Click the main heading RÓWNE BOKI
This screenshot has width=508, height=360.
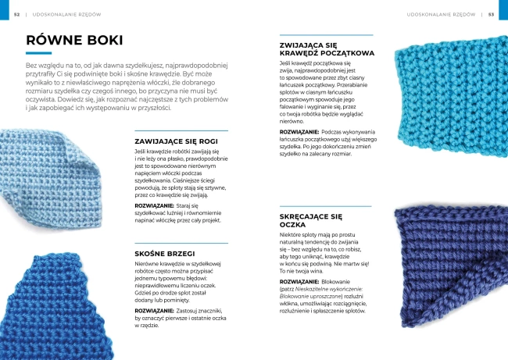(73, 41)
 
